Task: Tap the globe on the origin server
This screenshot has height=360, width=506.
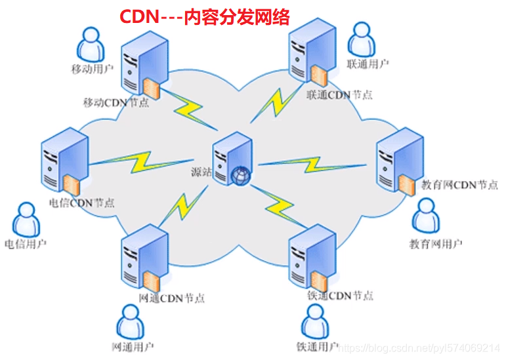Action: click(x=241, y=175)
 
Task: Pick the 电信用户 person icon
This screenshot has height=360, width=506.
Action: click(x=25, y=220)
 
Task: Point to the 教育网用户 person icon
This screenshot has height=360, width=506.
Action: click(x=425, y=216)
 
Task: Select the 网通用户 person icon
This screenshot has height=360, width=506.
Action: click(x=129, y=321)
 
